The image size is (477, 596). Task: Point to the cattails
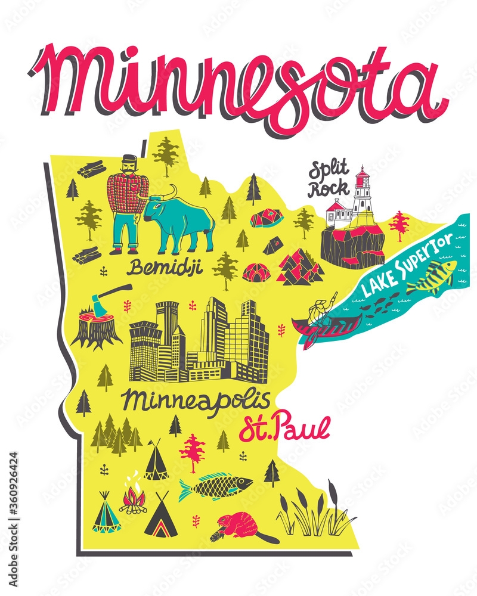point(316,513)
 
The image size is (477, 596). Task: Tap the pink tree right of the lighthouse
point(399,226)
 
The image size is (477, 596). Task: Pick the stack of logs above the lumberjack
point(91,170)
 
